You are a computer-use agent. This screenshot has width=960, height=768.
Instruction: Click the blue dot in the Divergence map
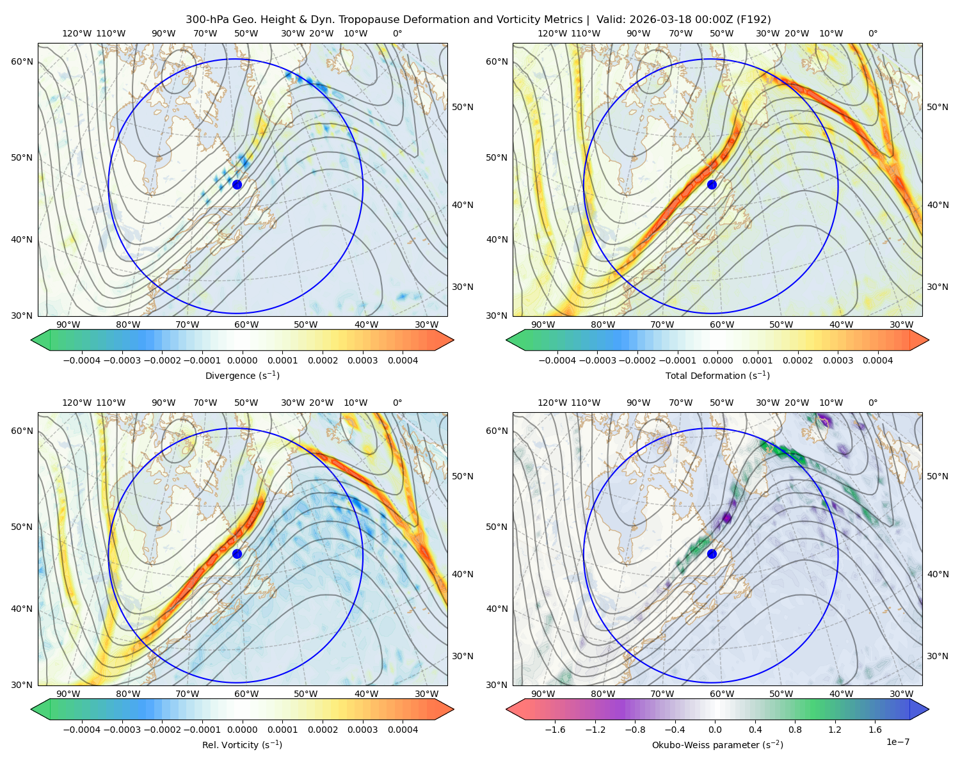click(x=237, y=184)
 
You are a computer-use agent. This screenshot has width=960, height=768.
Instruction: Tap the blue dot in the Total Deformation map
click(x=712, y=184)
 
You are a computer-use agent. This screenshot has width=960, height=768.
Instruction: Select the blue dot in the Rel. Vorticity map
click(x=237, y=554)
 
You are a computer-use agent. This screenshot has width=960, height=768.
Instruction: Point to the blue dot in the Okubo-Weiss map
click(x=712, y=554)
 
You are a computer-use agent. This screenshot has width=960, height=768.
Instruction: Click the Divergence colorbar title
click(x=242, y=375)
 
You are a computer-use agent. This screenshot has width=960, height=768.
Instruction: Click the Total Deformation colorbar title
click(x=717, y=375)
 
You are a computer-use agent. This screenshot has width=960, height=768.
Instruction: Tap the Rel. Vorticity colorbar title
click(x=242, y=745)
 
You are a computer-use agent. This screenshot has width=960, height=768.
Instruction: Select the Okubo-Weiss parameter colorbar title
click(x=717, y=745)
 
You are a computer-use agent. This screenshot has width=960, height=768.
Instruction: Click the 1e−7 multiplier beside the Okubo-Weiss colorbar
click(x=897, y=742)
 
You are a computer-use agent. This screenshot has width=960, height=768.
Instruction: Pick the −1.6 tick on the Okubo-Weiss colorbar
click(x=555, y=730)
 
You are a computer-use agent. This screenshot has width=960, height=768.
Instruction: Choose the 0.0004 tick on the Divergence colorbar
click(x=403, y=360)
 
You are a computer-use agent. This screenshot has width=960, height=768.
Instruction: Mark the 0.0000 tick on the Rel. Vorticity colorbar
click(x=242, y=730)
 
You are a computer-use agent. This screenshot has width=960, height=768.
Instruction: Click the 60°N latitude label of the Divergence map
click(x=22, y=61)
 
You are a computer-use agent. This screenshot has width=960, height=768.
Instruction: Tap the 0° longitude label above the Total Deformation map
click(x=872, y=33)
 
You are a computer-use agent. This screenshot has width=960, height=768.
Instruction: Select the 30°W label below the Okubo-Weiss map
click(x=902, y=694)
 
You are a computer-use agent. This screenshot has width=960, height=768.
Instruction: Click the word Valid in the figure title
click(x=609, y=20)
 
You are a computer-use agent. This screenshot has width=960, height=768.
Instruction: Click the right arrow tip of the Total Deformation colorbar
click(x=929, y=340)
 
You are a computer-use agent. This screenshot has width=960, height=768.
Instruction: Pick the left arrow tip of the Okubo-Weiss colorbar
click(x=506, y=710)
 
